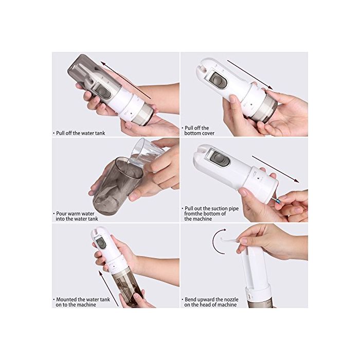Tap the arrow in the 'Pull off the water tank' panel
click(126, 80)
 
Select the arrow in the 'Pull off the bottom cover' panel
click(250, 75)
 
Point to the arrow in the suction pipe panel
click(276, 169)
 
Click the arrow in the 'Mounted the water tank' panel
click(109, 289)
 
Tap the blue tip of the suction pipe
click(279, 201)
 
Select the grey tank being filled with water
click(117, 186)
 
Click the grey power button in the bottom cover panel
click(218, 80)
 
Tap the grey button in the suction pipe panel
click(219, 158)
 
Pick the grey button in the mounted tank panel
click(101, 243)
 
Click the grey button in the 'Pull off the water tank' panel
click(103, 91)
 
